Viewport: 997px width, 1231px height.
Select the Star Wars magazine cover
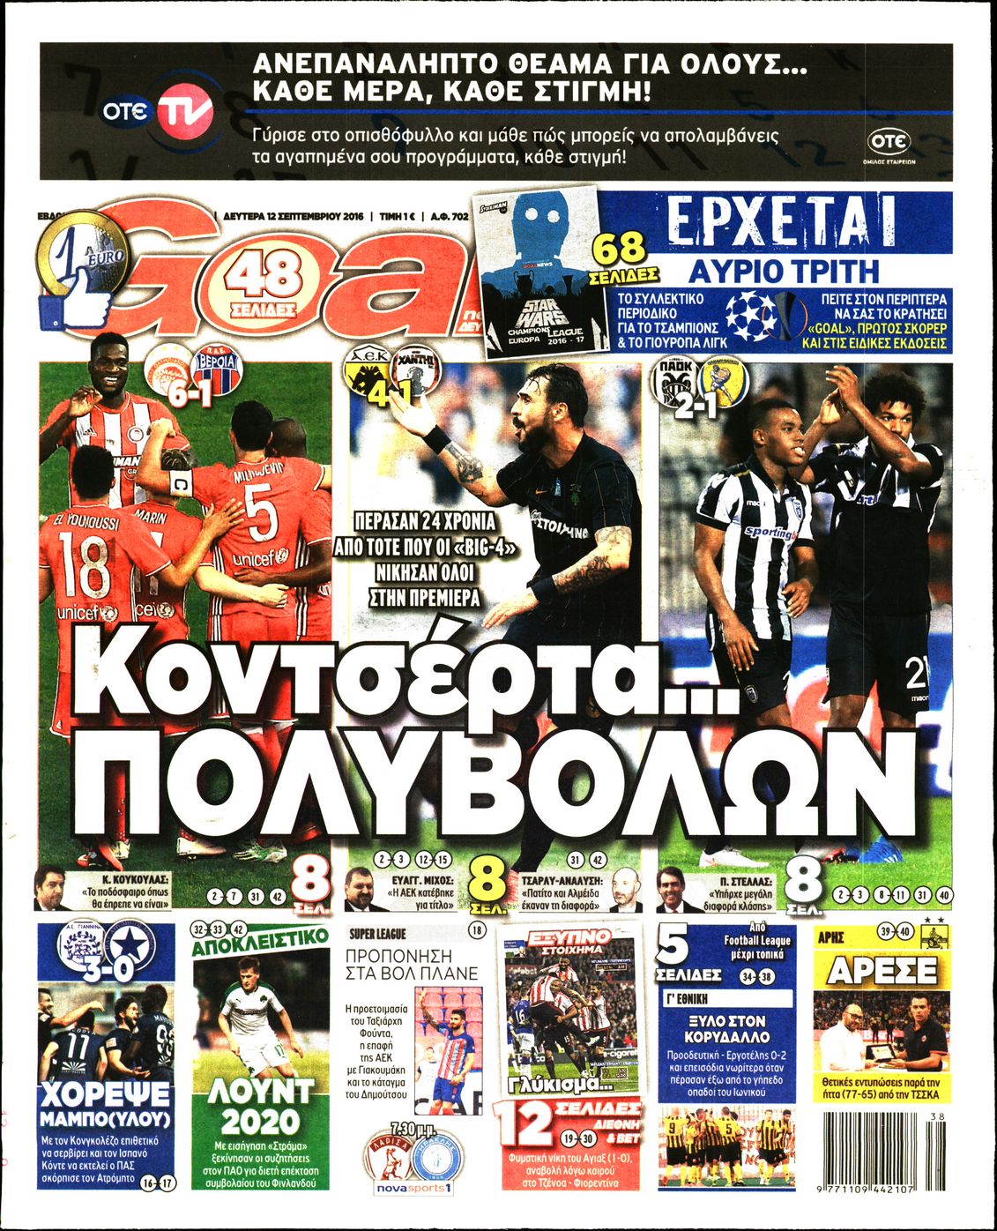539,274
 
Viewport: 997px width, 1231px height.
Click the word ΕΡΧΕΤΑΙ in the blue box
783,222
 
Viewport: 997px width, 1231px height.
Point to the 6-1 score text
191,396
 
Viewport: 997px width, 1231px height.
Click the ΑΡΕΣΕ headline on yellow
881,971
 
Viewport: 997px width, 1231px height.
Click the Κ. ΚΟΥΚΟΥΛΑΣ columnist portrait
50,889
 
